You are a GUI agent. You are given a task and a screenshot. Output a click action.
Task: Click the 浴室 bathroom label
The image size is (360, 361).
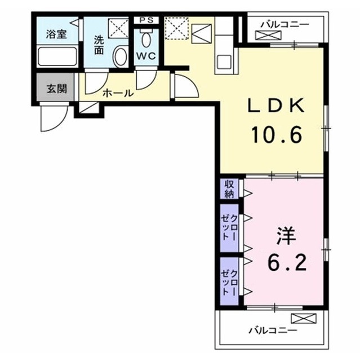[x=56, y=34]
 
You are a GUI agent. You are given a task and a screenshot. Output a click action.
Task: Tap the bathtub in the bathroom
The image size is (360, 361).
[x=57, y=56]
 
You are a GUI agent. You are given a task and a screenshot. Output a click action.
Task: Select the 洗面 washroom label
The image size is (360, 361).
[x=99, y=45]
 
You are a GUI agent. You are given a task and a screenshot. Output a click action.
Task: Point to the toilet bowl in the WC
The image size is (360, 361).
[x=146, y=39]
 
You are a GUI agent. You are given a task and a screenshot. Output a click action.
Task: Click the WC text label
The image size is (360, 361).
[x=146, y=56]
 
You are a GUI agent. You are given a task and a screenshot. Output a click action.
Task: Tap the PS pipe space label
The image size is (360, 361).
[x=146, y=20]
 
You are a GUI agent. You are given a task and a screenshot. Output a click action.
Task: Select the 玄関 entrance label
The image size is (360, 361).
[x=56, y=89]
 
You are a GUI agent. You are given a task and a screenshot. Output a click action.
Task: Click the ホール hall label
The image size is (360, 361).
[x=118, y=93]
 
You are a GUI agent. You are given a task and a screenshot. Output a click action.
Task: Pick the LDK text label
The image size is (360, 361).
[x=276, y=105]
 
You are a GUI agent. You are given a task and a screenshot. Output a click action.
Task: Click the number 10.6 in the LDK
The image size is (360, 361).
[x=276, y=135]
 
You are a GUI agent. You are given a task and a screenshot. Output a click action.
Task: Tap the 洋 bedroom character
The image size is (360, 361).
[x=286, y=236]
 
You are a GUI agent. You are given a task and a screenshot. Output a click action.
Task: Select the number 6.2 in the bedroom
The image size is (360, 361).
[x=287, y=263]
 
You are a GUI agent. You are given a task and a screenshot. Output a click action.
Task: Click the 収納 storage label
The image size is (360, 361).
[x=229, y=189]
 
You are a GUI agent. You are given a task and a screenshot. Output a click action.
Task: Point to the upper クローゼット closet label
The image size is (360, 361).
[x=229, y=227]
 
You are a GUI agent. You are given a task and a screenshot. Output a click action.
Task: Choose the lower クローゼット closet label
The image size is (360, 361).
[x=229, y=283]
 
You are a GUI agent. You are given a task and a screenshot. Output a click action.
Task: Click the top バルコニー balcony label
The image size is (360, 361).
[x=285, y=24]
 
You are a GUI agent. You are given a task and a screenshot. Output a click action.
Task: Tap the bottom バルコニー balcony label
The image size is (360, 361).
[x=273, y=331]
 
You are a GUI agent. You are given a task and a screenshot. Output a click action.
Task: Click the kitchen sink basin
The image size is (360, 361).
[x=224, y=62]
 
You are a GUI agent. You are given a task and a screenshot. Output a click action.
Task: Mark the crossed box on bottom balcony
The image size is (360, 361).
[x=304, y=318]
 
